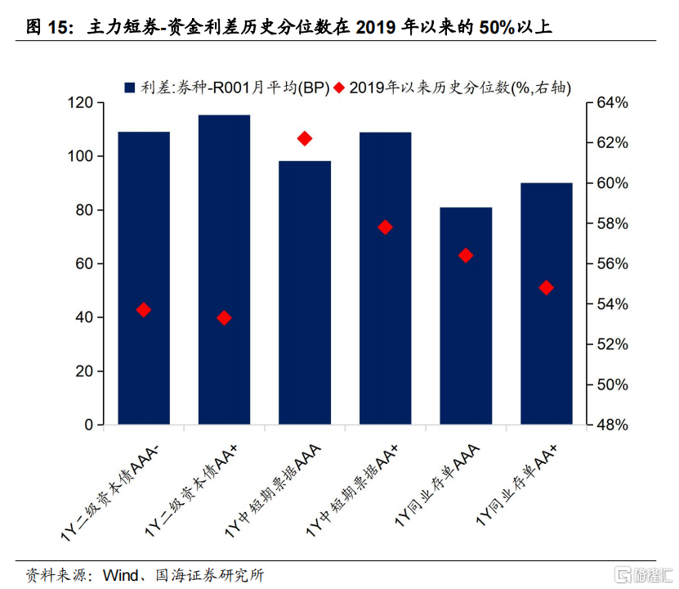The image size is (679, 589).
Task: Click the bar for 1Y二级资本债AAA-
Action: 144,278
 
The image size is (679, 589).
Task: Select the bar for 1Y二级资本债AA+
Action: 224,270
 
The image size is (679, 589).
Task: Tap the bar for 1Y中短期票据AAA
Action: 305,293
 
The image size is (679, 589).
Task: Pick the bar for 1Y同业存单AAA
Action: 466,316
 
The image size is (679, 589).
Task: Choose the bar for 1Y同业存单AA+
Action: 546,303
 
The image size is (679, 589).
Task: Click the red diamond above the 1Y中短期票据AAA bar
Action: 305,138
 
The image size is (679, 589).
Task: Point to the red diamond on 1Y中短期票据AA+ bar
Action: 386,227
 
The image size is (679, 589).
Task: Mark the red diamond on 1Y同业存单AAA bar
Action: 466,255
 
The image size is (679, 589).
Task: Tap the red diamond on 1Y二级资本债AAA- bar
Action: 144,309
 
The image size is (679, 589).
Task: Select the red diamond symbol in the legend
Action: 339,86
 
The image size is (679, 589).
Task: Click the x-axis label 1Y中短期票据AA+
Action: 360,483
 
